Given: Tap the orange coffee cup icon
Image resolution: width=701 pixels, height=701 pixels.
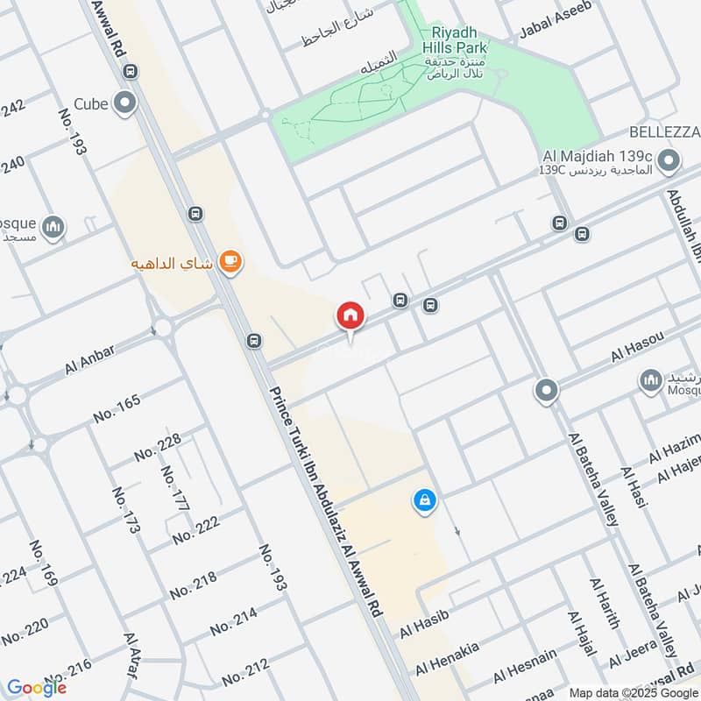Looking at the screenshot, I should point(230,260).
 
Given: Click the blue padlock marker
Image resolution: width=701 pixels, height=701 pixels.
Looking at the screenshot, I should point(424,501).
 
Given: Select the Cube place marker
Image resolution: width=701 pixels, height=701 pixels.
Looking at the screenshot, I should point(126,103).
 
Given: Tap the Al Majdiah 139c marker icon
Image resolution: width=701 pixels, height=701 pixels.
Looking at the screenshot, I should point(669,160).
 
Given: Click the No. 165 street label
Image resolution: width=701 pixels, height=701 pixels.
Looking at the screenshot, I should point(116,409).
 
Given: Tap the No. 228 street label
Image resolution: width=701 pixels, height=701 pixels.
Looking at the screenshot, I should point(158,447).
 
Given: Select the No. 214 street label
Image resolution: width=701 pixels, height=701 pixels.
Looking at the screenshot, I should point(233,622).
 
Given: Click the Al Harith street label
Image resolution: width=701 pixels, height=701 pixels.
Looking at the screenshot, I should point(605,604).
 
